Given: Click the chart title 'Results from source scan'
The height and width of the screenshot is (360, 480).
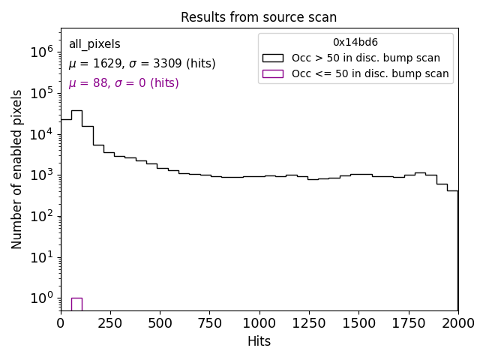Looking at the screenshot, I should point(259,17).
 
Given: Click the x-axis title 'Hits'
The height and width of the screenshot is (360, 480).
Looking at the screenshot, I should point(259,341).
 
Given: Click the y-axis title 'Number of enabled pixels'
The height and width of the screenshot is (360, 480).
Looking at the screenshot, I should point(17,169).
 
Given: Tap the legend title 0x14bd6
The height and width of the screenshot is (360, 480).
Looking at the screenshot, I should point(355,43).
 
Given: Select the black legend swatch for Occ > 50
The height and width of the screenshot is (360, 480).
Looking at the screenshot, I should point(272,58).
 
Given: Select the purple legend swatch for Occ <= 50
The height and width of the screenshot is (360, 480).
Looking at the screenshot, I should point(272,73).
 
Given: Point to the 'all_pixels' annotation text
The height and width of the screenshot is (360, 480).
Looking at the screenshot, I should point(94,44).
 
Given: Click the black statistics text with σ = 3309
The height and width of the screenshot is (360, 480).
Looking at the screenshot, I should point(142,64).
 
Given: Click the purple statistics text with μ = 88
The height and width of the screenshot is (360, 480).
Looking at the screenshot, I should point(124,83).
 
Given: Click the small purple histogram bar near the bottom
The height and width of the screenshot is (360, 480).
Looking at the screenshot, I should point(76,304).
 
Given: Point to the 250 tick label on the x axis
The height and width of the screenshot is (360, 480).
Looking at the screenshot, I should point(110,322).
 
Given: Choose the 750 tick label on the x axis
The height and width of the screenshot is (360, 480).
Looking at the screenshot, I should point(210,322).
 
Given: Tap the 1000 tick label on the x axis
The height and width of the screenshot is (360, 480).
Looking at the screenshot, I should point(259,322).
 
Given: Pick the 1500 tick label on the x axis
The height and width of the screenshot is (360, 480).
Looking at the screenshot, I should point(358,322).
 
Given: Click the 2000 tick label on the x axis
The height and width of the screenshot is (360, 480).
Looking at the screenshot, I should point(457,322).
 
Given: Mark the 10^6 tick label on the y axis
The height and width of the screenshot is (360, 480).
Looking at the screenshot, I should point(41,52).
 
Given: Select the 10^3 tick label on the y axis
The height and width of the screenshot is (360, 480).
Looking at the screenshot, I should point(41,175).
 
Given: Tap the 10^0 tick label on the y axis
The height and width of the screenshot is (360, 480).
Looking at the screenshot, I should point(41,298).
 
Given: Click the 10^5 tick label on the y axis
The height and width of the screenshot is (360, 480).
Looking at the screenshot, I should point(41,93).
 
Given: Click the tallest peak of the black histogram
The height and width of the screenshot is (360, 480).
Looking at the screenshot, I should point(76,111).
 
